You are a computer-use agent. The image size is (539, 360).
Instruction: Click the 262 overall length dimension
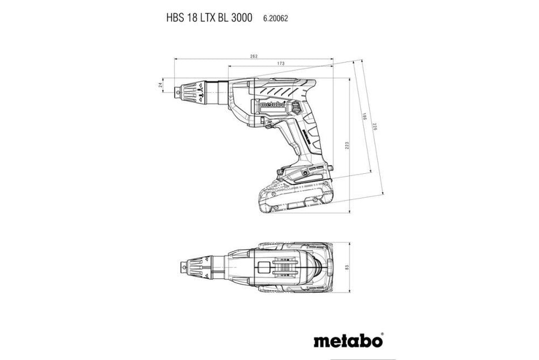pyautogui.click(x=254, y=56)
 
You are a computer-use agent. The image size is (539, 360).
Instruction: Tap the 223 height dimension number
pyautogui.click(x=347, y=147)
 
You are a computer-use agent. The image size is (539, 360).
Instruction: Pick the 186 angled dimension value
pyautogui.click(x=365, y=118)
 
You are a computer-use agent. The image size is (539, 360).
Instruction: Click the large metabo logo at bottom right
pyautogui.click(x=347, y=341)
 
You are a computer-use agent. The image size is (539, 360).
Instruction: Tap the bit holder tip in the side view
pyautogui.click(x=181, y=91)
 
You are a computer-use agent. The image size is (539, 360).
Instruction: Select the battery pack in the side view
pyautogui.click(x=295, y=193)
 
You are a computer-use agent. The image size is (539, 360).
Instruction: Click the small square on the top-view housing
pyautogui.click(x=263, y=268)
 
